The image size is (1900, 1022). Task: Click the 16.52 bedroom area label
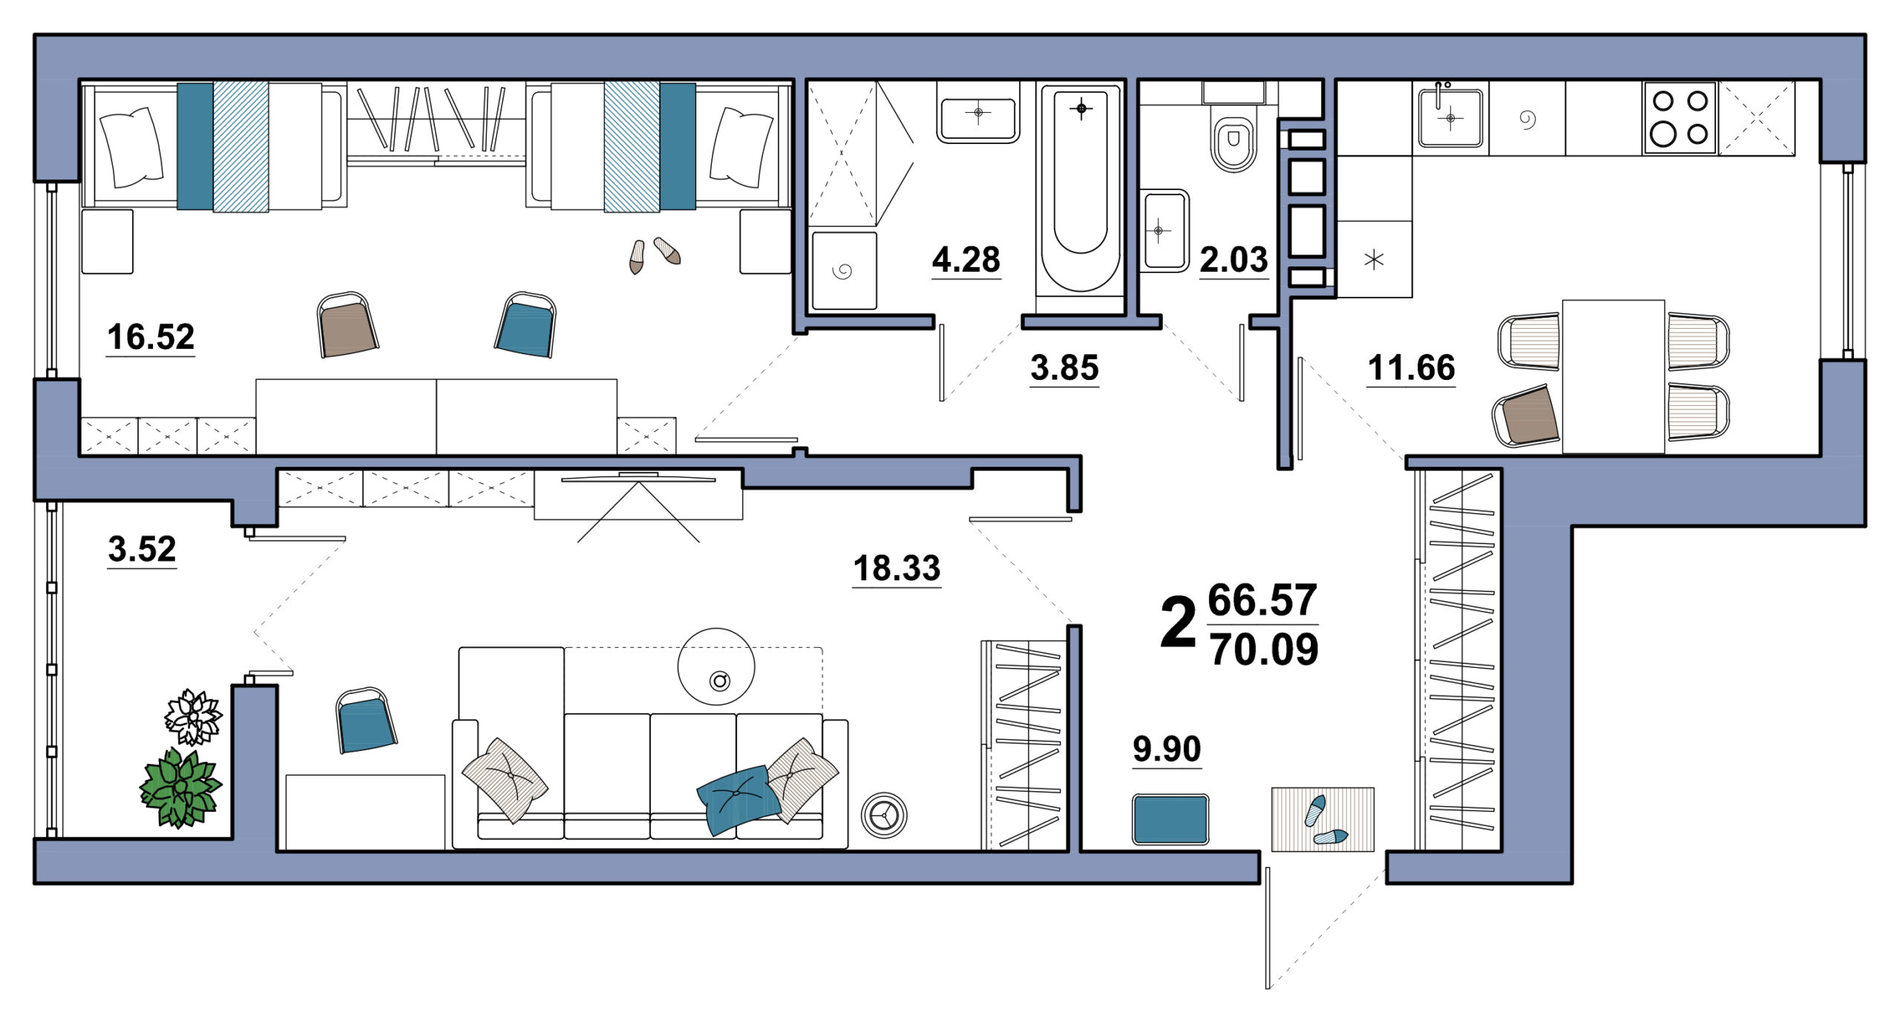[x=151, y=337]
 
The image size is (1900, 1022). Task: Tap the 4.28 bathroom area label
[x=966, y=260]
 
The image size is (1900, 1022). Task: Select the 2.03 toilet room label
[x=1234, y=260]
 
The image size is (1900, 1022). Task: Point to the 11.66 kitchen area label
[x=1412, y=368]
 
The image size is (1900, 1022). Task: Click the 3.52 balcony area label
[x=142, y=549]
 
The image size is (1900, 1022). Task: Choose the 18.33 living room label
[x=897, y=569]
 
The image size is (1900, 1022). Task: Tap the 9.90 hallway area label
[x=1167, y=749]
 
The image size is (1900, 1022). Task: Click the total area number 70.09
[x=1265, y=649]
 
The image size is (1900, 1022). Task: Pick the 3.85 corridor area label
[x=1064, y=368]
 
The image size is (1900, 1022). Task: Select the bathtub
[x=1081, y=190]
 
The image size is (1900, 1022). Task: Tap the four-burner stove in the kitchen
[x=1680, y=118]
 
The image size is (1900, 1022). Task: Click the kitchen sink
[x=1450, y=117]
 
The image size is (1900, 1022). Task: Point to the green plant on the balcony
[x=181, y=788]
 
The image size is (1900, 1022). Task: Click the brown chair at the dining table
[x=1527, y=416]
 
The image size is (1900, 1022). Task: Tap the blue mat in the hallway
[x=1170, y=819]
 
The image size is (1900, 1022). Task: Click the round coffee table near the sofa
[x=716, y=666]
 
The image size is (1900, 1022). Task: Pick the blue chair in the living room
[x=365, y=720]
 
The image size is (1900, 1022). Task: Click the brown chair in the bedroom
[x=347, y=324]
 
